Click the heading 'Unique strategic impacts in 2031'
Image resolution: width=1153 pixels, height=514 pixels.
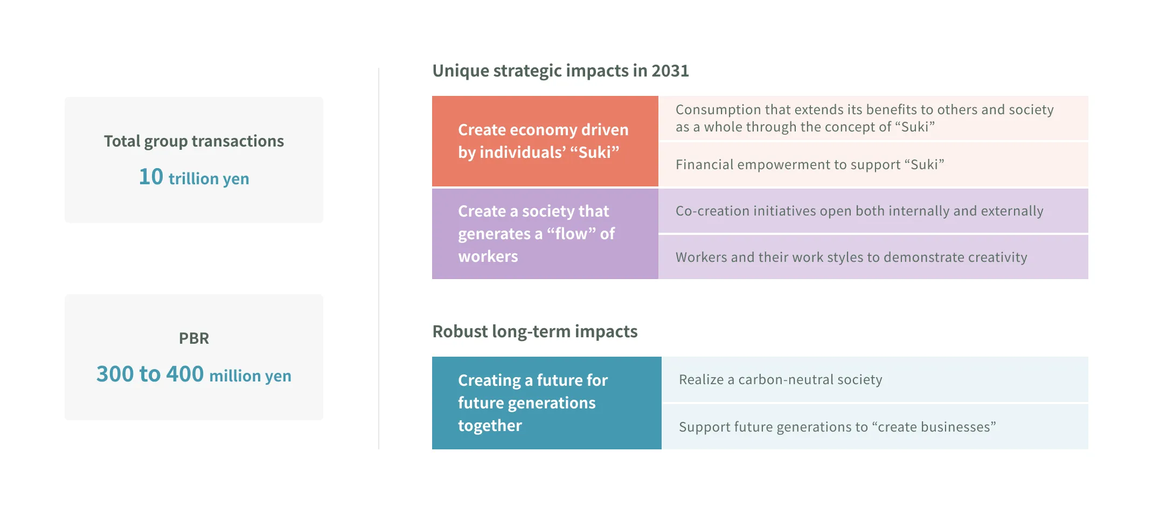point(560,71)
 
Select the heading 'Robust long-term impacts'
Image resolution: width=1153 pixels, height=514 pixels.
point(534,331)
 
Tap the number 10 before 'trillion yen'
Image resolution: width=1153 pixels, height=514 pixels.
point(151,177)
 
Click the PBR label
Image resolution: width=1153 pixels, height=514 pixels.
point(194,338)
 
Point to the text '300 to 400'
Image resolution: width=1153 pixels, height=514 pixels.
point(150,374)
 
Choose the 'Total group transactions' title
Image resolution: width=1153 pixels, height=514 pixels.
point(194,141)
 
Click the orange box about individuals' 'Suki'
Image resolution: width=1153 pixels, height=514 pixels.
point(545,141)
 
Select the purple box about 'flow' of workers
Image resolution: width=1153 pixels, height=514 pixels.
point(545,233)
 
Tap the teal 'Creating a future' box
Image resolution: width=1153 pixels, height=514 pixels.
point(546,402)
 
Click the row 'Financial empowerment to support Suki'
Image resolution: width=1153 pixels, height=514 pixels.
point(873,164)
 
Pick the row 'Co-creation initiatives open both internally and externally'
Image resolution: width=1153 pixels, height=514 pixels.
point(873,211)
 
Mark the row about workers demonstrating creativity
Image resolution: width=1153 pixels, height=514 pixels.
point(873,257)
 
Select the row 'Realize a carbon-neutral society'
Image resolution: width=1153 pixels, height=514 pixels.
point(874,379)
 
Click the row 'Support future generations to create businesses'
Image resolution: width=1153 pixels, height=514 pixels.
point(874,427)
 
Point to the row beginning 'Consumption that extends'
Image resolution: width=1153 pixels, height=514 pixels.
point(873,118)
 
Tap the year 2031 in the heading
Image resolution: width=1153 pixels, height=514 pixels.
point(670,71)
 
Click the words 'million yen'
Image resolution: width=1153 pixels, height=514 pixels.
point(250,376)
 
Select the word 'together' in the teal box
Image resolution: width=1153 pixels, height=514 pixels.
point(490,426)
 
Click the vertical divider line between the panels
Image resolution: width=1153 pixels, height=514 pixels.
point(379,259)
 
